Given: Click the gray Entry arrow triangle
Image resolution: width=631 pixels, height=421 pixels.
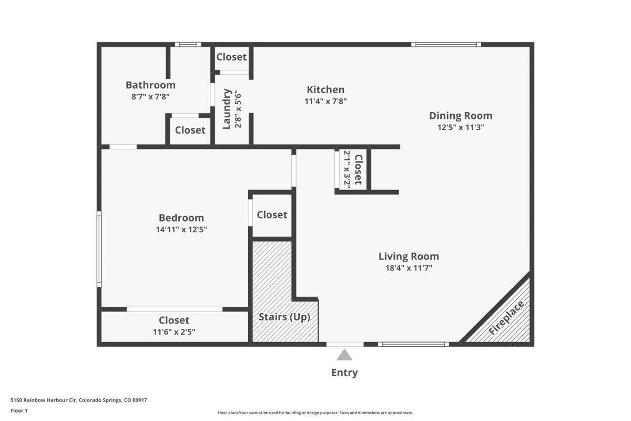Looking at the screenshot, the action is (x=344, y=355).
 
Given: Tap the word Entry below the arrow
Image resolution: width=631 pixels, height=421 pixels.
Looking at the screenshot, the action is (x=344, y=373).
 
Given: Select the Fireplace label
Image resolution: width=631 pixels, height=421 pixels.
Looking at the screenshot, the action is (x=506, y=318).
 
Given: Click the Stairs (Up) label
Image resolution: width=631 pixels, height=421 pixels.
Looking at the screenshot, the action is (x=284, y=317).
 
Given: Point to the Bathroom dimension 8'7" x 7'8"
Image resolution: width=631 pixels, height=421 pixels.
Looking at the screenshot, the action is (x=150, y=97).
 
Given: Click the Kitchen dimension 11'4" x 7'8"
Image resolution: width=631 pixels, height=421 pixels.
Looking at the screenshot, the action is (x=325, y=101).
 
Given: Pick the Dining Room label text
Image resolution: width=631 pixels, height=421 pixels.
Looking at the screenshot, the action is (x=461, y=116).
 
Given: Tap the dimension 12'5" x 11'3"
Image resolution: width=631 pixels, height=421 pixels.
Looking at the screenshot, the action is (x=461, y=127).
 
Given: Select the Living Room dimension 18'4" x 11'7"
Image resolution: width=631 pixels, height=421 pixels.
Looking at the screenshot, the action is (x=409, y=268).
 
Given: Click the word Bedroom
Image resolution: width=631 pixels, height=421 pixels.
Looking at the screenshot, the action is (x=181, y=218).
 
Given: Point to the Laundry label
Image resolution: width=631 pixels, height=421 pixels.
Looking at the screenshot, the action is (x=227, y=109).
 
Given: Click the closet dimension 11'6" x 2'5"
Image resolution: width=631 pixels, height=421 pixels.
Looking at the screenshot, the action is (x=174, y=332).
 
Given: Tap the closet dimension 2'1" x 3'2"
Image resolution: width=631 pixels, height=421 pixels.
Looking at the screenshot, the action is (x=347, y=169).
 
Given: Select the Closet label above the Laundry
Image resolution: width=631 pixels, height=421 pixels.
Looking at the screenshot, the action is (x=231, y=57).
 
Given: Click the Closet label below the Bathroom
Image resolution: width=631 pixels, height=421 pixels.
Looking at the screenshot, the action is (x=190, y=130).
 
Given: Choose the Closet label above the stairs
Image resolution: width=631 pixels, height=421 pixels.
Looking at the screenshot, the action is (x=272, y=215).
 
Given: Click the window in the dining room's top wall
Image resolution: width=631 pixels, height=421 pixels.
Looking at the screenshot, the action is (x=446, y=45).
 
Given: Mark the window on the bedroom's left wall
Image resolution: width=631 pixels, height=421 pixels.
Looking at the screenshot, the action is (x=99, y=249).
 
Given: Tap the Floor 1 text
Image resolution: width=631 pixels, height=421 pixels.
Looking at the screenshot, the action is (x=19, y=410).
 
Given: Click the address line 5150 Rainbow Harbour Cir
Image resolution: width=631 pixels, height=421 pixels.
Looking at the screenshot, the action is (x=43, y=400).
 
